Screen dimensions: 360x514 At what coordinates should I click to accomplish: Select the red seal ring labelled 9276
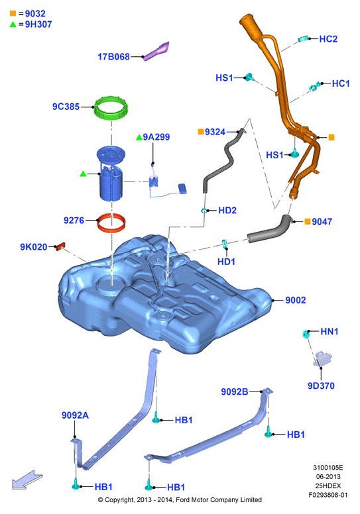[111, 227]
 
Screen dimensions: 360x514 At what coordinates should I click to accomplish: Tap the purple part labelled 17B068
[157, 51]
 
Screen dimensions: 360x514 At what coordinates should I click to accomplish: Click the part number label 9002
[295, 300]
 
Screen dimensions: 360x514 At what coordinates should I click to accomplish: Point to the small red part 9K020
[61, 246]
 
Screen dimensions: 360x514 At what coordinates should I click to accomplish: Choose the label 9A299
[156, 136]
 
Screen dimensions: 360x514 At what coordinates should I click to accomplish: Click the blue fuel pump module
[111, 173]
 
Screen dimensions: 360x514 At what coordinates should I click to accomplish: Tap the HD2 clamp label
[227, 210]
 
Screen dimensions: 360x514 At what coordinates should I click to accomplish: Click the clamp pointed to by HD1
[225, 244]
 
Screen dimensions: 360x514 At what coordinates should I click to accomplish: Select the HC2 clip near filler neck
[303, 39]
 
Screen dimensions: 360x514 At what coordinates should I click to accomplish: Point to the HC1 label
[341, 83]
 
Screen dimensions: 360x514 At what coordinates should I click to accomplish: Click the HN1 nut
[306, 334]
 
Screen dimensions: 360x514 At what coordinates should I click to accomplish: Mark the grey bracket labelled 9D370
[322, 358]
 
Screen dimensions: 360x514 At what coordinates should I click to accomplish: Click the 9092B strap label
[234, 391]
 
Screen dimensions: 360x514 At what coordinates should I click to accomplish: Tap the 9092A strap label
[75, 415]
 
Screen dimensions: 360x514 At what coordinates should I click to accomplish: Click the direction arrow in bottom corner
[27, 480]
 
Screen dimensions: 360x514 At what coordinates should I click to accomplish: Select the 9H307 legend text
[38, 25]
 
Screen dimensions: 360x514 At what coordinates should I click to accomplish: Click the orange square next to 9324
[201, 132]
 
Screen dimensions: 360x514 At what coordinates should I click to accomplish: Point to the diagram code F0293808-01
[328, 495]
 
